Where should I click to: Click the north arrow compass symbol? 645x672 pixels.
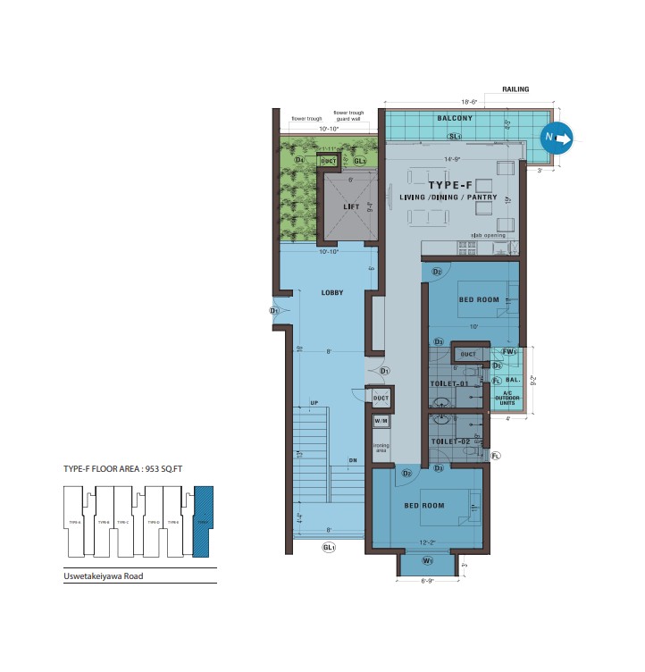click(x=556, y=138)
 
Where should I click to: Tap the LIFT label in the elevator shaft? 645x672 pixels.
click(x=351, y=206)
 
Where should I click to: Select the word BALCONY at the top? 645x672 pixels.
click(x=455, y=118)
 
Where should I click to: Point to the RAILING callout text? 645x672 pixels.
click(x=515, y=89)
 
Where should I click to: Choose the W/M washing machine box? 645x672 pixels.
click(x=381, y=421)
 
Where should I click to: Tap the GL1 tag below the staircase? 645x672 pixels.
click(x=329, y=547)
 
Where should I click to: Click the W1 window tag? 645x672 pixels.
click(x=427, y=561)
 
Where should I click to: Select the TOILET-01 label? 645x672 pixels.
click(x=449, y=383)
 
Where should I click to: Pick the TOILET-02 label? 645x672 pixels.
click(x=449, y=441)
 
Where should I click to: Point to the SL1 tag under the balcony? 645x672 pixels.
click(x=455, y=137)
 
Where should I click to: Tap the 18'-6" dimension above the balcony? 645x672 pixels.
click(x=470, y=102)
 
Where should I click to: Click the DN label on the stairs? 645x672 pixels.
click(x=353, y=461)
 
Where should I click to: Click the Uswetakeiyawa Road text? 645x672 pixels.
click(x=103, y=576)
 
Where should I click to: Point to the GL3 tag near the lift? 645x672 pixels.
click(x=360, y=161)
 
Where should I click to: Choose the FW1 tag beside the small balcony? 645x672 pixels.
click(x=508, y=352)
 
